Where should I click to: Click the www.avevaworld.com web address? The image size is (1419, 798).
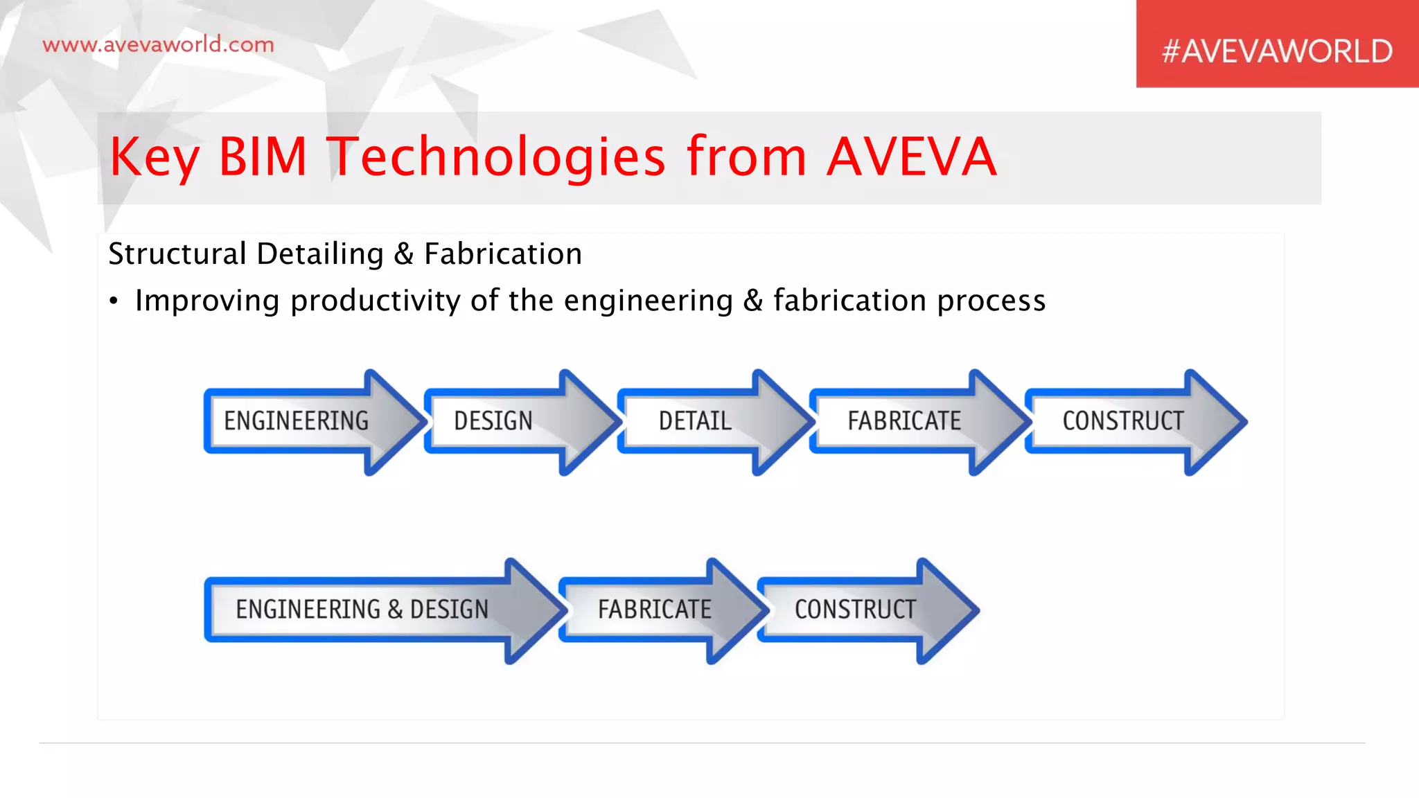pos(158,45)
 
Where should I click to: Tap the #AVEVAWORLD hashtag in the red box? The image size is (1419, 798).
pos(1277,51)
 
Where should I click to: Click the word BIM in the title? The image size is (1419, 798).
pos(263,157)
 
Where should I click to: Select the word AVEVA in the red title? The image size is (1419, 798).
pos(911,157)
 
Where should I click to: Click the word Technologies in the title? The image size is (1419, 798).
pos(496,157)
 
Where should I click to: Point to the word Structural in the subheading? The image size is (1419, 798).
pos(177,254)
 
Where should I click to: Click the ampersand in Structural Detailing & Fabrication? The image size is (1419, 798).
pos(404,254)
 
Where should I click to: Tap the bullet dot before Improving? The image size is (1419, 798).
pos(114,301)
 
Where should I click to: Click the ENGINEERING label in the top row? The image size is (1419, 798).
pos(297,421)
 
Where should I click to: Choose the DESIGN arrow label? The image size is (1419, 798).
pos(493,421)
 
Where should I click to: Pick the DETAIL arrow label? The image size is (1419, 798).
pos(695,421)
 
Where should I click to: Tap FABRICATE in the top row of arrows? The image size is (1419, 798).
pos(904,421)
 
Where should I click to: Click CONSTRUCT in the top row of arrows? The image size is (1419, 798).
pos(1123,421)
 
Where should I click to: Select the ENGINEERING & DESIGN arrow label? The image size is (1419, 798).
pos(362,610)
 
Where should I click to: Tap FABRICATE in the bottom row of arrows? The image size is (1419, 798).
pos(655,610)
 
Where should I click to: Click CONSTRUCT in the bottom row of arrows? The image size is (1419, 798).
pos(855,610)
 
